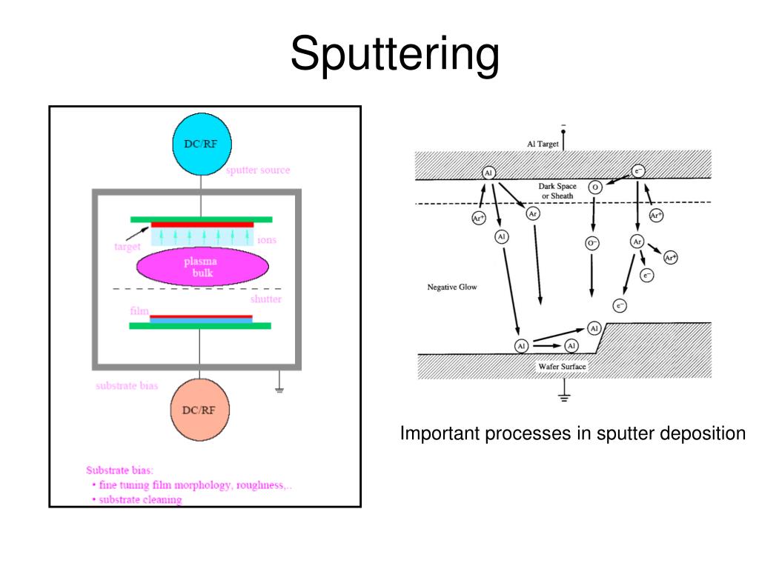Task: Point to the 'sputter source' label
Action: pyautogui.click(x=258, y=170)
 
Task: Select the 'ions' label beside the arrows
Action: pyautogui.click(x=267, y=240)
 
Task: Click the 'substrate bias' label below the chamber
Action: pyautogui.click(x=127, y=385)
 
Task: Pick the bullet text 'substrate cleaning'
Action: pyautogui.click(x=141, y=499)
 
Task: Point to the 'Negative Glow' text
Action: pyautogui.click(x=450, y=287)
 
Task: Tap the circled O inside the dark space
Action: pyautogui.click(x=594, y=187)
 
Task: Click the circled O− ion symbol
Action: pyautogui.click(x=592, y=243)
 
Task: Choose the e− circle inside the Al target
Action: pyautogui.click(x=638, y=171)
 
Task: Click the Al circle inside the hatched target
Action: pyautogui.click(x=488, y=173)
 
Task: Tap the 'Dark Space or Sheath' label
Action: pyautogui.click(x=557, y=191)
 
